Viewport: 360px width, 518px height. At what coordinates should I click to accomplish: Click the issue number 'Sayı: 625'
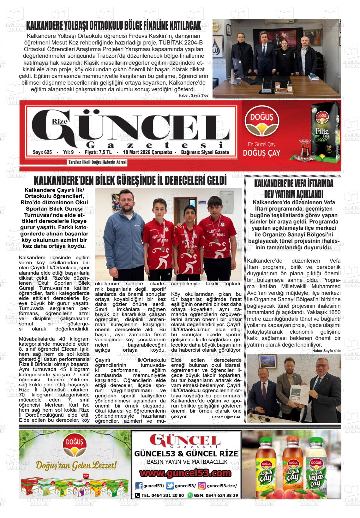click(x=42, y=152)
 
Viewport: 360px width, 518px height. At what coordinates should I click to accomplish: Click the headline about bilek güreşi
click(x=130, y=181)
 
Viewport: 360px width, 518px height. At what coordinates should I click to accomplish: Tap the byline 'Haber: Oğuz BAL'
click(x=226, y=417)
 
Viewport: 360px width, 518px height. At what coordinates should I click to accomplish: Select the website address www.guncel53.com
click(x=185, y=473)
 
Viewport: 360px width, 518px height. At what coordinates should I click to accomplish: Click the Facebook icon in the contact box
click(x=138, y=485)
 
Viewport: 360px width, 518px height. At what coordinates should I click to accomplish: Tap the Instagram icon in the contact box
click(x=202, y=485)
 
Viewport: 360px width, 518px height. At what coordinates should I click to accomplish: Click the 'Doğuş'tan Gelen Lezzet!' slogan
click(x=76, y=465)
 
